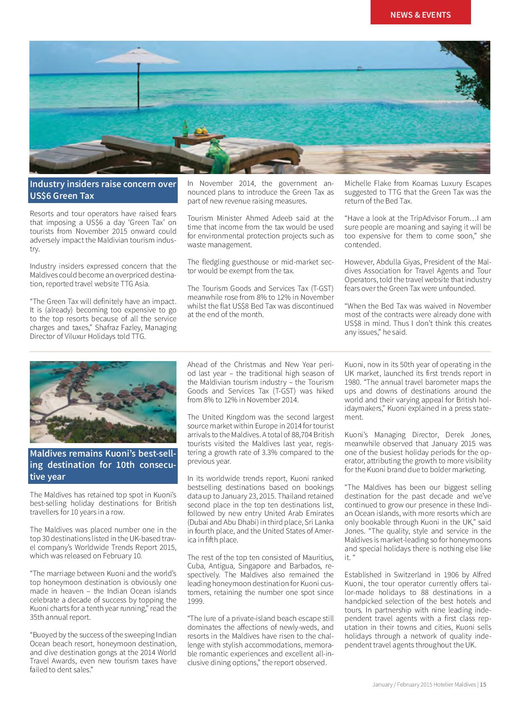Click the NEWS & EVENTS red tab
tap(420, 15)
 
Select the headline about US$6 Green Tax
tap(103, 190)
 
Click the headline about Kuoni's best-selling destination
tap(103, 465)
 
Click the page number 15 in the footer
tap(483, 684)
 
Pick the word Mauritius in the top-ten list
tap(318, 557)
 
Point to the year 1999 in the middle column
tap(196, 601)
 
